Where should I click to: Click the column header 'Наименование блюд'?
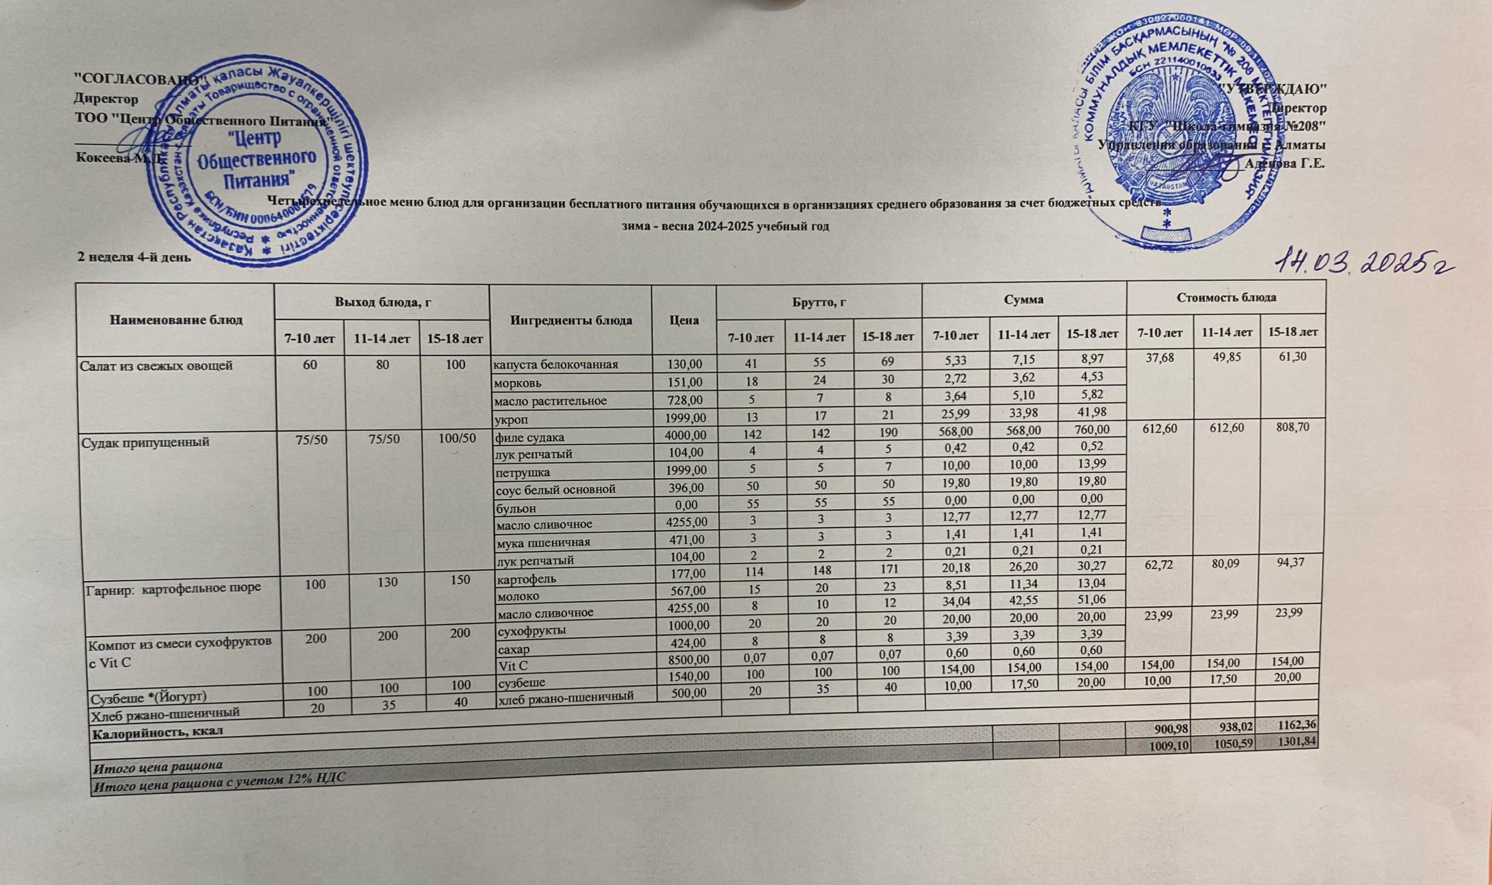(176, 320)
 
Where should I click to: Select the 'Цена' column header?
(684, 320)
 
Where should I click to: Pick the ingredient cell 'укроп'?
(510, 419)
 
